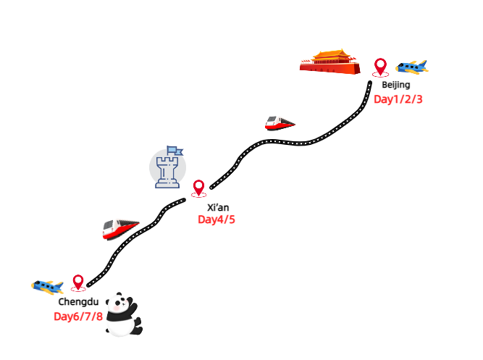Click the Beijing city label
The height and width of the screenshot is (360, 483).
click(396, 85)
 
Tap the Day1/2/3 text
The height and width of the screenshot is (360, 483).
click(398, 99)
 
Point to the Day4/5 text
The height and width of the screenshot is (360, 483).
click(216, 219)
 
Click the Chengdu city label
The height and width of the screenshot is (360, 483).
click(79, 301)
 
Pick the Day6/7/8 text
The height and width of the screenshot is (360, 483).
click(78, 316)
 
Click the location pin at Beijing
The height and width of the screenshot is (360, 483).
click(380, 67)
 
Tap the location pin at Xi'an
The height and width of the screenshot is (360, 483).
click(198, 188)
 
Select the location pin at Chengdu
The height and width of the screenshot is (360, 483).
click(78, 282)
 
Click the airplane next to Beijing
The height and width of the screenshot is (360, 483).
click(412, 68)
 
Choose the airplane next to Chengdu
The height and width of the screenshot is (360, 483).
click(48, 285)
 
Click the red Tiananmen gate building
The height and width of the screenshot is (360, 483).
click(329, 61)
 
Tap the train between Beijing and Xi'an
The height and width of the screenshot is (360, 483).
click(280, 122)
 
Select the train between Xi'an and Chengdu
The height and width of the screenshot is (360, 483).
click(120, 229)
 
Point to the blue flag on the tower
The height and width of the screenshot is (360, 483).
click(175, 151)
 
